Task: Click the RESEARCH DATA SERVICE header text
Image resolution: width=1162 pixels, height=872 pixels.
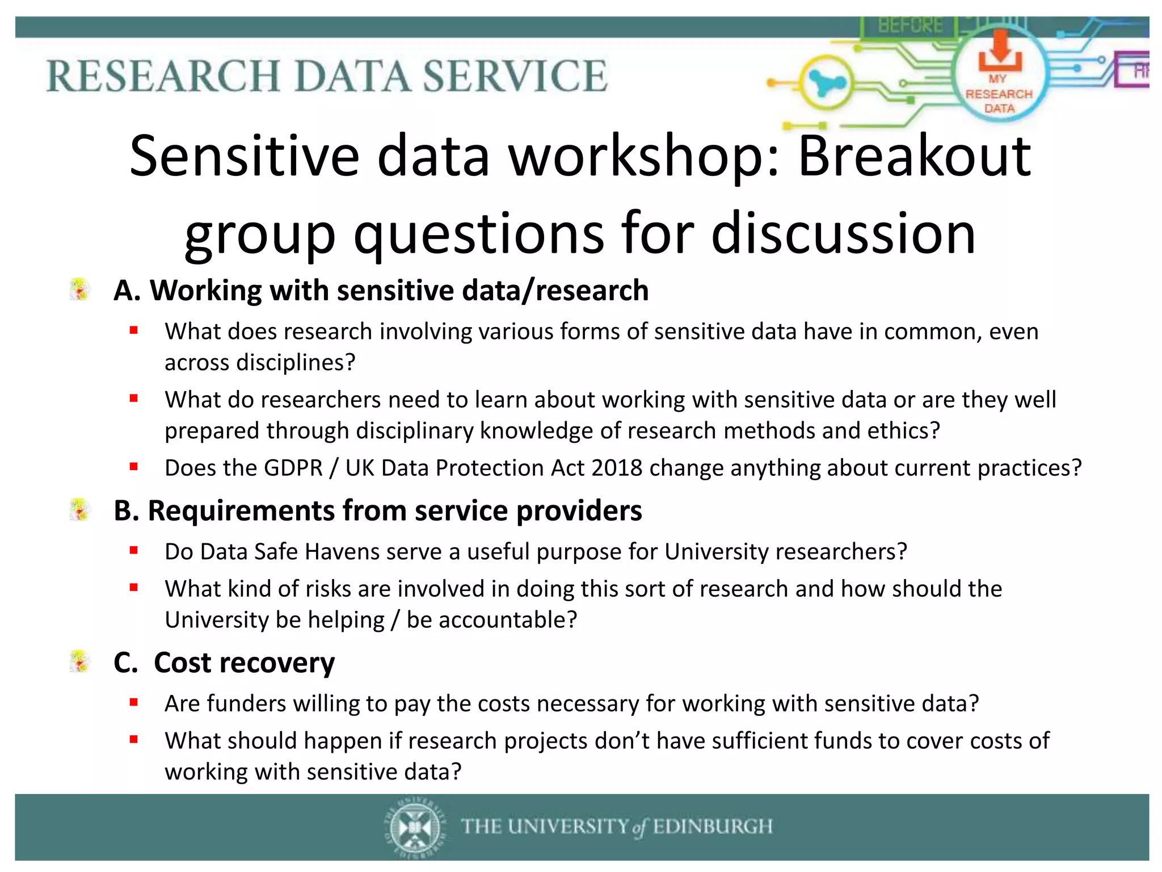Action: coord(326,76)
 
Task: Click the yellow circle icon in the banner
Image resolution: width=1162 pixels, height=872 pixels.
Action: coord(826,83)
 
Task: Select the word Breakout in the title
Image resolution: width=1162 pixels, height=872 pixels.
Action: coord(914,156)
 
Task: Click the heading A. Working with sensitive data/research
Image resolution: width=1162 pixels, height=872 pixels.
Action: coord(381,291)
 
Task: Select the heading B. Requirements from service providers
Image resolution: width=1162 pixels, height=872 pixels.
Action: coord(377,510)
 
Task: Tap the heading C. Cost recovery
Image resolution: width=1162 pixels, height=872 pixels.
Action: coord(224,663)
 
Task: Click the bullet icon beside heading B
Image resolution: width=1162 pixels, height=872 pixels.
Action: coord(80,510)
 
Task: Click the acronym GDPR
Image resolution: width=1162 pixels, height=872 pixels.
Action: coord(293,468)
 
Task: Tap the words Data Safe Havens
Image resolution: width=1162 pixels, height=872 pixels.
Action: coord(290,552)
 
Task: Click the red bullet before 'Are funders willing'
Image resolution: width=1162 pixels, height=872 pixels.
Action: coord(134,703)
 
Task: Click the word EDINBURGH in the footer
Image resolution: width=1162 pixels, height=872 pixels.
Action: coord(712,827)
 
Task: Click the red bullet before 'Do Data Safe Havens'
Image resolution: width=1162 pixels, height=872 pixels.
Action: coord(134,550)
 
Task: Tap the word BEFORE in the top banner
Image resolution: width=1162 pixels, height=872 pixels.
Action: coord(910,26)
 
